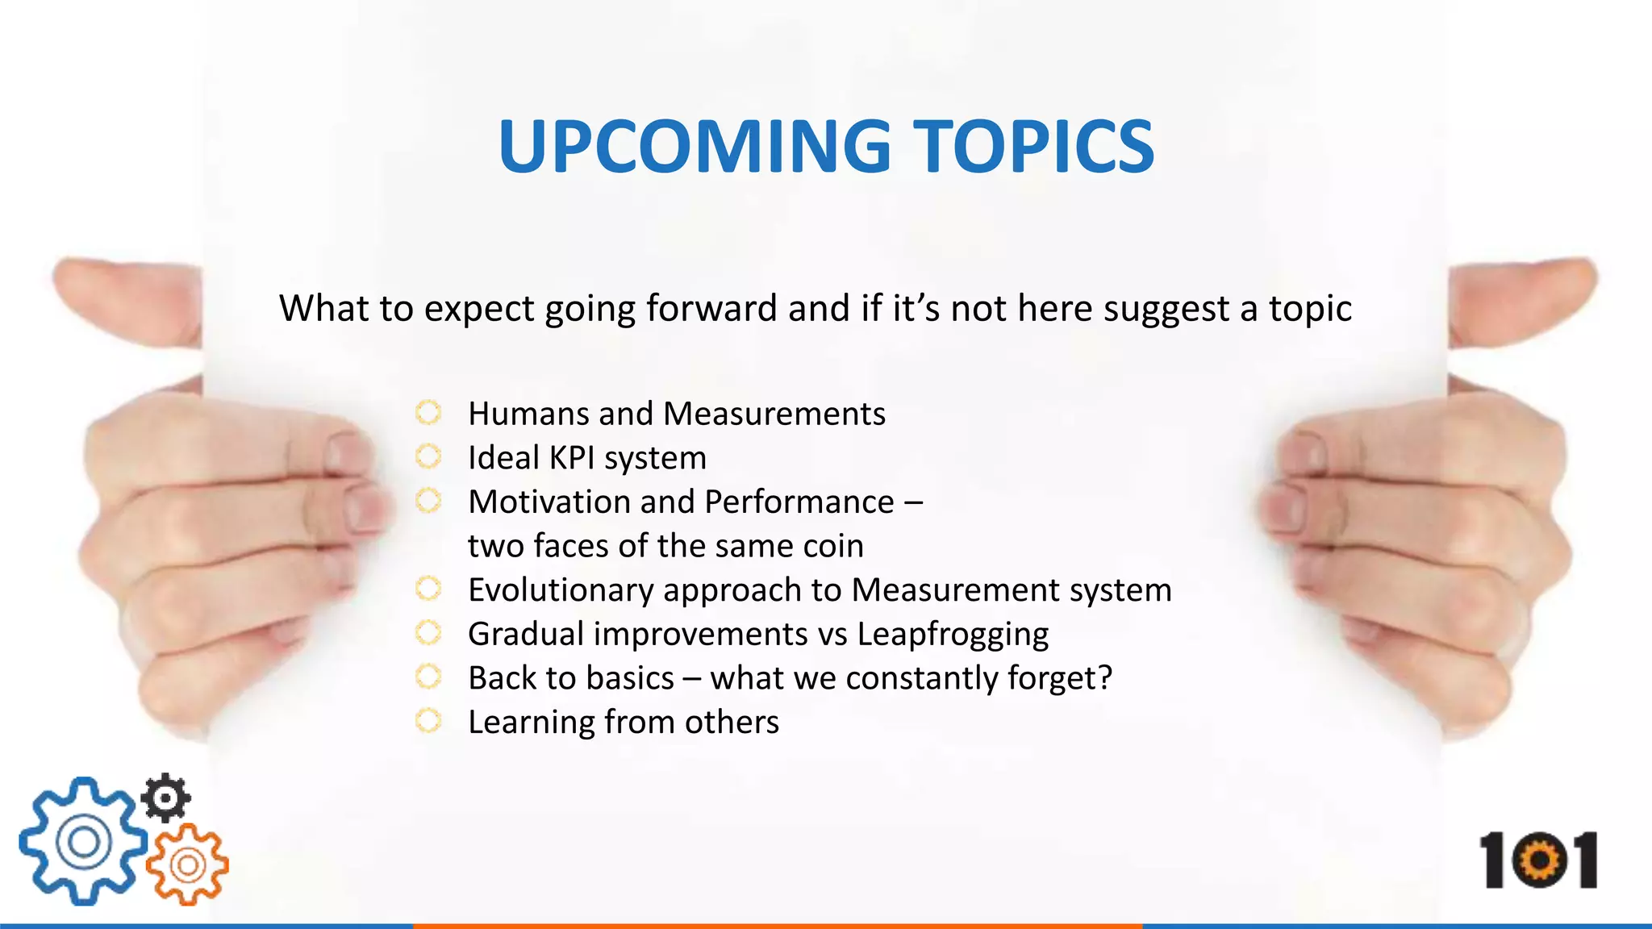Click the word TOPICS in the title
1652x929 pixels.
[x=1033, y=147]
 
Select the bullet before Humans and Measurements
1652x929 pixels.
[x=428, y=413]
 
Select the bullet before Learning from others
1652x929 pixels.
[x=428, y=720]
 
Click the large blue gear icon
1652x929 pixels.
[x=81, y=842]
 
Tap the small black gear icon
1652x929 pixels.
[x=165, y=798]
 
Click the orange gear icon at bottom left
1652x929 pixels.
[x=188, y=865]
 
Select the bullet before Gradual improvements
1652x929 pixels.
[x=428, y=633]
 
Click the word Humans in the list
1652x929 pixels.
[x=528, y=414]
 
